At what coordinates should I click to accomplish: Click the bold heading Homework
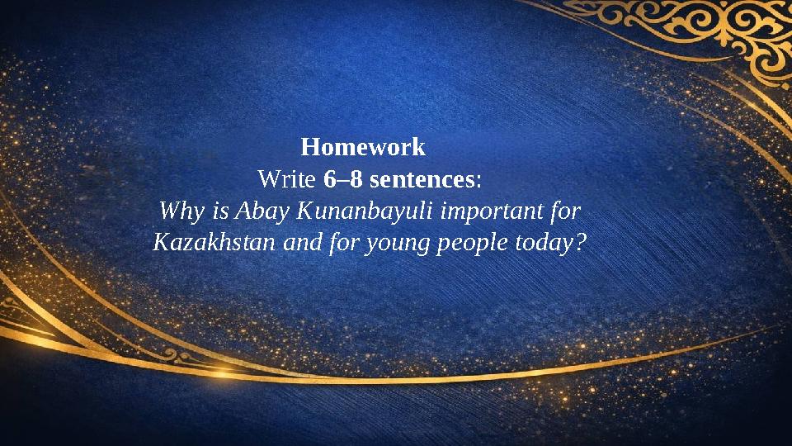(363, 148)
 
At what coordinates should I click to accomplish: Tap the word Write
(286, 178)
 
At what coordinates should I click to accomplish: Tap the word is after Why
(221, 211)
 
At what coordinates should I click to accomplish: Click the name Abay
(259, 211)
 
